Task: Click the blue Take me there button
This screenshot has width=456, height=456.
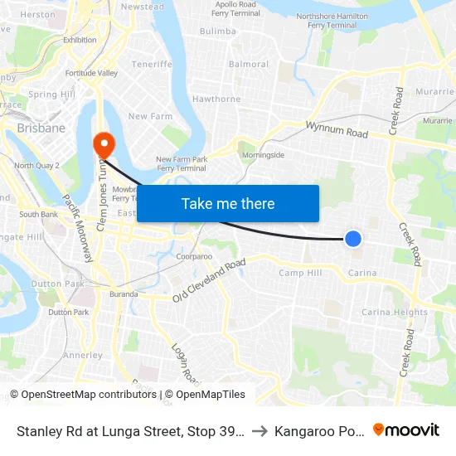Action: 228,203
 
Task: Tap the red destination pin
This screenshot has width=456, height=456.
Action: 104,145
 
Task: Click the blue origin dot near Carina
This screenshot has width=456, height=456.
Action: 353,239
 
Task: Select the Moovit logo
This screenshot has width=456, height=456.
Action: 406,429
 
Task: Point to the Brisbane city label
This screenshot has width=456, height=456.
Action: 41,129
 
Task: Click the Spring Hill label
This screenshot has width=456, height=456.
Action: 52,95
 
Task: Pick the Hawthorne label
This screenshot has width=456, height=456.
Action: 216,99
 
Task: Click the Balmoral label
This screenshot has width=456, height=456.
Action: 249,64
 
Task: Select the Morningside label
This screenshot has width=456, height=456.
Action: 261,155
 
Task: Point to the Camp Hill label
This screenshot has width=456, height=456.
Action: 299,273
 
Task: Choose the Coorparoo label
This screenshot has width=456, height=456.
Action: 195,256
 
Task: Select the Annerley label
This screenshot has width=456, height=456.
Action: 83,355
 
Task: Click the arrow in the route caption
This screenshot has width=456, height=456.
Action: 260,430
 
